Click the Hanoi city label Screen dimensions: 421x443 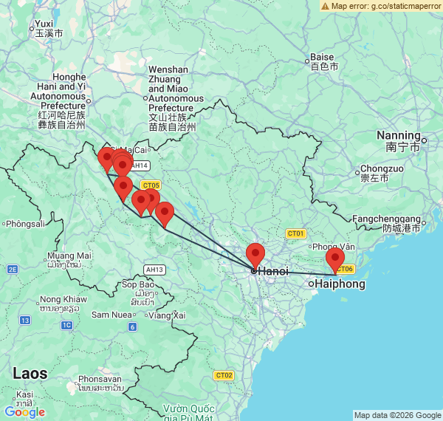(272, 271)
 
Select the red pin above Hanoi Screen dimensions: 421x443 (255, 255)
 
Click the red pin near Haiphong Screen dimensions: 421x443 (335, 260)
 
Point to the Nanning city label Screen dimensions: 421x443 (398, 135)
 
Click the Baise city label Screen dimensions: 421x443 (323, 57)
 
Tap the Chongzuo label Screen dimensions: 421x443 (382, 168)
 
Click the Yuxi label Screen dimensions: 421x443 (44, 24)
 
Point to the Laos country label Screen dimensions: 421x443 (30, 374)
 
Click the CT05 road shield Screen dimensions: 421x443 (151, 185)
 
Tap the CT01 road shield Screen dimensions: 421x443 (296, 233)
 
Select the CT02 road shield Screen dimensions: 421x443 (224, 375)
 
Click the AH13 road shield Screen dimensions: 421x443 (155, 270)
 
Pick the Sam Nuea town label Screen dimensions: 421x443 (111, 315)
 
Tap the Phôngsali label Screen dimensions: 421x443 (25, 224)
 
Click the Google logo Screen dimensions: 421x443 (24, 412)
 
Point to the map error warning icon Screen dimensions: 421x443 (325, 6)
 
